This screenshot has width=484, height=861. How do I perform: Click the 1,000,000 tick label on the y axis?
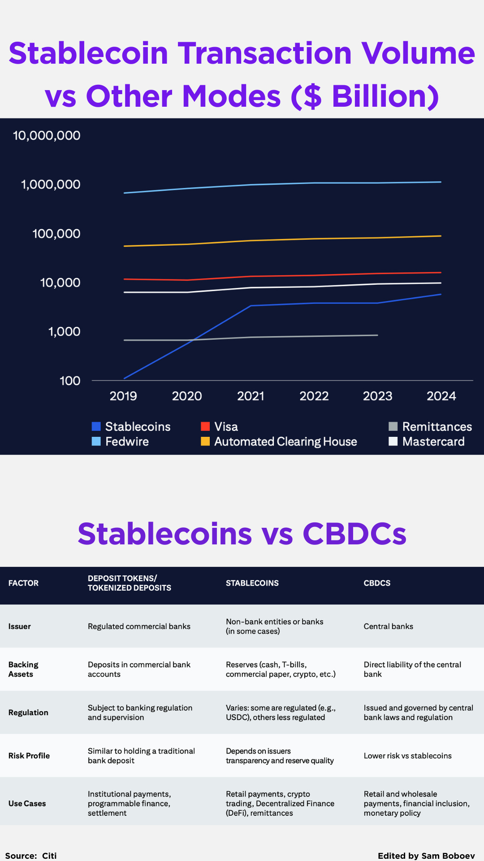point(51,184)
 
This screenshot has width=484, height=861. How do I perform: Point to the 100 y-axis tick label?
point(69,381)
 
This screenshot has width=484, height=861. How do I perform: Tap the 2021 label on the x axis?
point(251,396)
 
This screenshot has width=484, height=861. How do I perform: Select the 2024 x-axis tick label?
point(441,396)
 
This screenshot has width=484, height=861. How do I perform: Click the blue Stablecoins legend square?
point(96,426)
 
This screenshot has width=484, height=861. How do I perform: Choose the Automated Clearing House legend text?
point(285,442)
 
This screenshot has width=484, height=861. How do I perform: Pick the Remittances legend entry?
point(436,426)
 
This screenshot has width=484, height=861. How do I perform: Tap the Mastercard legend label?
point(433,442)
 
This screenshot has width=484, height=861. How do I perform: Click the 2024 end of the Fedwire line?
point(441,182)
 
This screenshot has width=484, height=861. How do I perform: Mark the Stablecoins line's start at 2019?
point(125,378)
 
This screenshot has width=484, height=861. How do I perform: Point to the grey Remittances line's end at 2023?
point(377,335)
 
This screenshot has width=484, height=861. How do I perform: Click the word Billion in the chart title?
point(385,96)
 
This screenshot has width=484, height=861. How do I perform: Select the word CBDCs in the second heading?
point(354,534)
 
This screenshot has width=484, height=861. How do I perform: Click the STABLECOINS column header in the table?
point(252,583)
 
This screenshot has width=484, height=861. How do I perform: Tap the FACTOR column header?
point(23,583)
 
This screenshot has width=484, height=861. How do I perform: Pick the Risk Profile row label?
point(29,756)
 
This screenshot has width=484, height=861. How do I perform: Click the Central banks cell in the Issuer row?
point(388,626)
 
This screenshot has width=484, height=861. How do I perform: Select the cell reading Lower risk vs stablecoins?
point(407,756)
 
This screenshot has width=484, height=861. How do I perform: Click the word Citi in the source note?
point(49,856)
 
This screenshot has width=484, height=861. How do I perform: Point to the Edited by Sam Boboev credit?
point(426,856)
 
